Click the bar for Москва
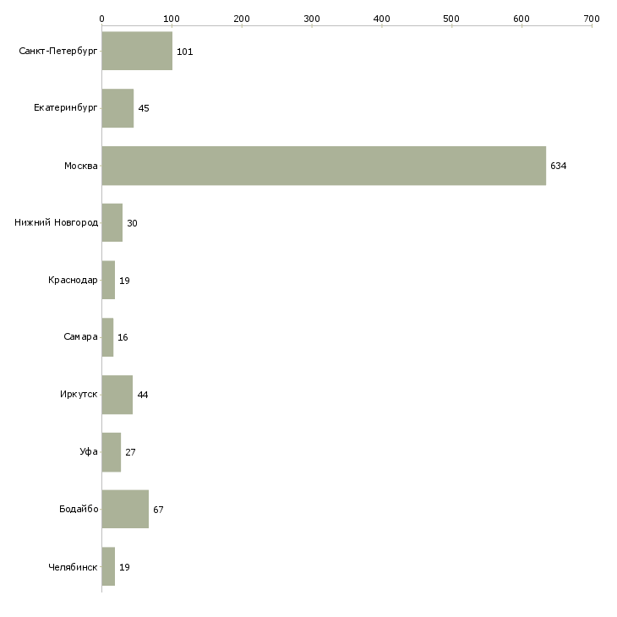[x=324, y=166]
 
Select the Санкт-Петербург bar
[x=137, y=52]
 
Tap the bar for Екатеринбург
[x=117, y=108]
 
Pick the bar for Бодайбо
[x=125, y=509]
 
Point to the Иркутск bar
[x=117, y=395]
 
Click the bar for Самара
[x=107, y=337]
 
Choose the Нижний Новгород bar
[x=112, y=223]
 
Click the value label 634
[x=558, y=167]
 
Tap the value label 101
[x=185, y=52]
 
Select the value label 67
[x=158, y=510]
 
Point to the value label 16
[x=123, y=338]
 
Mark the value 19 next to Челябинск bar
[x=124, y=567]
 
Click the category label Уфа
[x=89, y=452]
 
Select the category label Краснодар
[x=74, y=281]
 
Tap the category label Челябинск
[x=74, y=567]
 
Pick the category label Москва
[x=81, y=167]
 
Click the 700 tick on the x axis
[x=592, y=18]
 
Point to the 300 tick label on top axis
[x=312, y=18]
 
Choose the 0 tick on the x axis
[x=101, y=18]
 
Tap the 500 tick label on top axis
[x=451, y=18]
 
